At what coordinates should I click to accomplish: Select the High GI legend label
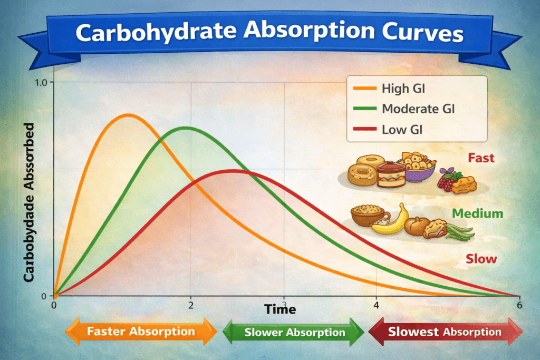click(403, 89)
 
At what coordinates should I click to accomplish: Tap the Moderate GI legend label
click(418, 109)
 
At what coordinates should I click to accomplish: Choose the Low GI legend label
click(402, 130)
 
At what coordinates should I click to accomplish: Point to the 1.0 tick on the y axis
click(41, 83)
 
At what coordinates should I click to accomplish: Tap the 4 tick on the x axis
click(376, 305)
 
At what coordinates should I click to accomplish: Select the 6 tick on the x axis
click(519, 305)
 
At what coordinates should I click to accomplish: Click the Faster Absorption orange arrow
click(140, 332)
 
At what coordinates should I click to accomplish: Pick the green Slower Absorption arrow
click(294, 333)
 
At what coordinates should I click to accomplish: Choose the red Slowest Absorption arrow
click(445, 332)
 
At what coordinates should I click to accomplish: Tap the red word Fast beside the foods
click(480, 158)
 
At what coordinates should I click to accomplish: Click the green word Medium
click(477, 213)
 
